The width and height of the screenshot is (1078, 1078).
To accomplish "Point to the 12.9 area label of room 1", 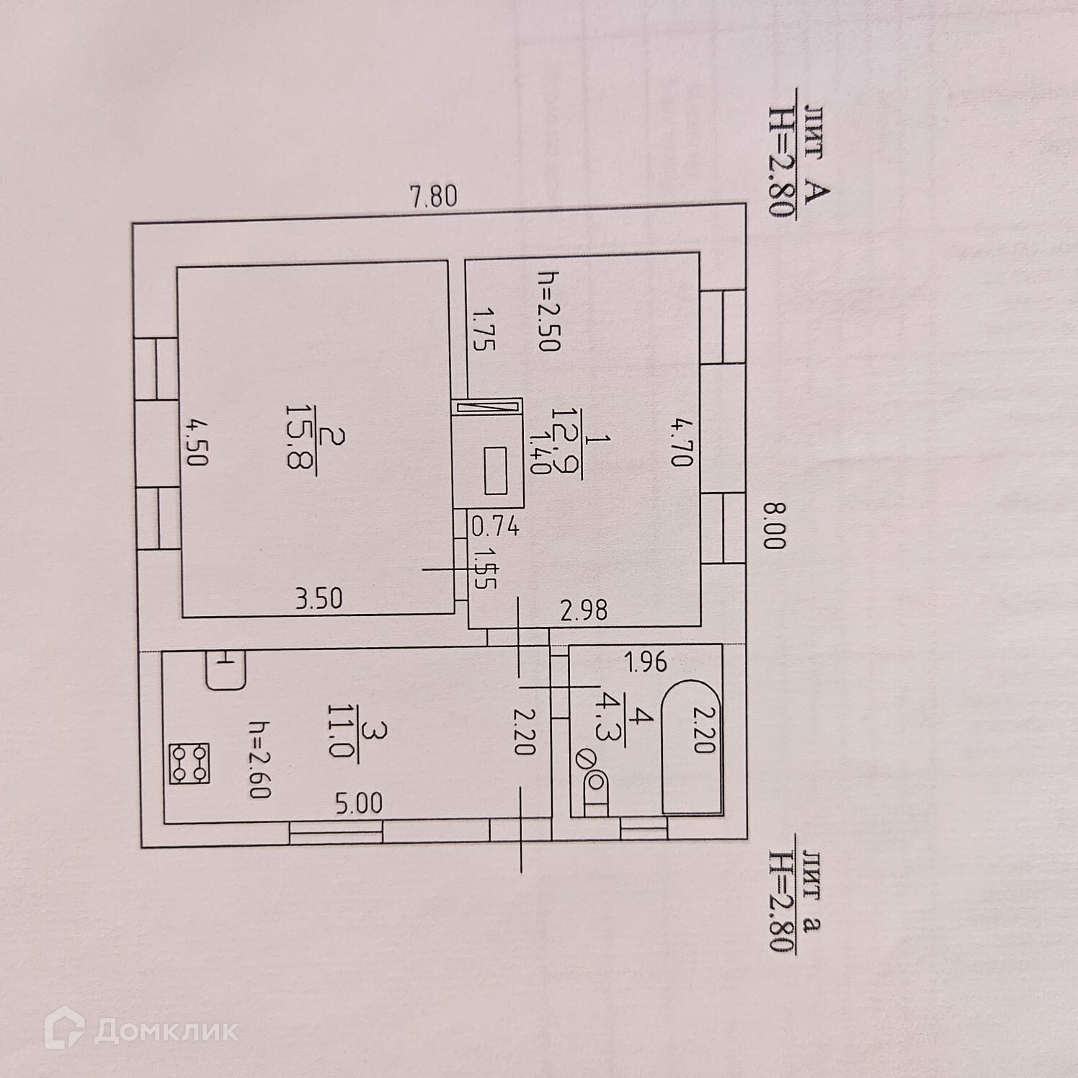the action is [x=566, y=439].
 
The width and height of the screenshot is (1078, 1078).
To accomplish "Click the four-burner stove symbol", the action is [x=190, y=764].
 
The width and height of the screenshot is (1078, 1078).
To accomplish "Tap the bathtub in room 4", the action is [x=692, y=746].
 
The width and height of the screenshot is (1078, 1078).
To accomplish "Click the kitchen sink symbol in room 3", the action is [x=226, y=670].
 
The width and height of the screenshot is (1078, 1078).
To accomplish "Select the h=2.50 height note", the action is [x=549, y=311].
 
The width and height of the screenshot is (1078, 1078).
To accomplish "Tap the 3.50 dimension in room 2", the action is [x=318, y=598].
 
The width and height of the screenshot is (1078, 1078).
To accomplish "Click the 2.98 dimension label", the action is [x=584, y=611].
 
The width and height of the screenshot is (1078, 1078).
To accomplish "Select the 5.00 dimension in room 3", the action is [x=358, y=803].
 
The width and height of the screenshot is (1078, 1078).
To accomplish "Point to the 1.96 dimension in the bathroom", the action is [x=645, y=661].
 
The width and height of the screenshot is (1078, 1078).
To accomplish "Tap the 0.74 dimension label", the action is [x=495, y=527].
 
